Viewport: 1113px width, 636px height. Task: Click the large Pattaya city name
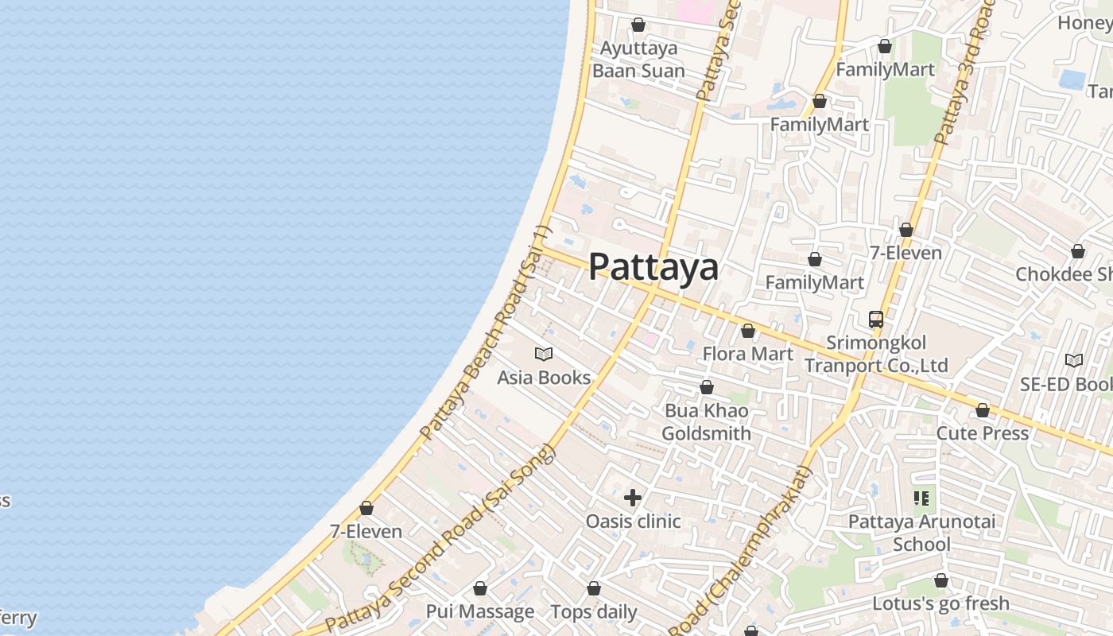tap(653, 267)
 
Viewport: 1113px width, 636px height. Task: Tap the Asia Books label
tap(544, 378)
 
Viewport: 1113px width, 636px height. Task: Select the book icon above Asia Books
tap(544, 354)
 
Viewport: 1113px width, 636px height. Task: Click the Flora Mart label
tap(747, 354)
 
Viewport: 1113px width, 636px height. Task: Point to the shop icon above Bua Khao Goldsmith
tap(707, 387)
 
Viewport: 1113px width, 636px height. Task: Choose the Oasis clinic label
tap(633, 522)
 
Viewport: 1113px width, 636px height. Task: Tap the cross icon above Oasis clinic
tap(633, 498)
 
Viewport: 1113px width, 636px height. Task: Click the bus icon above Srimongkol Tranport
tap(876, 320)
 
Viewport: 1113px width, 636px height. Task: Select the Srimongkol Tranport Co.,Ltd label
tap(876, 355)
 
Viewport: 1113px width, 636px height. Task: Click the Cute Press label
tap(983, 434)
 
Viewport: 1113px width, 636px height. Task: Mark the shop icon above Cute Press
tap(983, 410)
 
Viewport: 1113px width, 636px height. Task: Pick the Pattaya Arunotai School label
tap(921, 533)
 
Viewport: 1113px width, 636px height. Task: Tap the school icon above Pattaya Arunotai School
tap(921, 498)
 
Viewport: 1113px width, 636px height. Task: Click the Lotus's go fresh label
tap(941, 604)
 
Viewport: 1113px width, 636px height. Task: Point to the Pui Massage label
tap(480, 612)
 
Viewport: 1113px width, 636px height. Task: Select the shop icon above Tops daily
tap(594, 588)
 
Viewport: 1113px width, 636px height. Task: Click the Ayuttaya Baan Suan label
tap(638, 60)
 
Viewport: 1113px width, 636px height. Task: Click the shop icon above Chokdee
tap(1078, 251)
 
